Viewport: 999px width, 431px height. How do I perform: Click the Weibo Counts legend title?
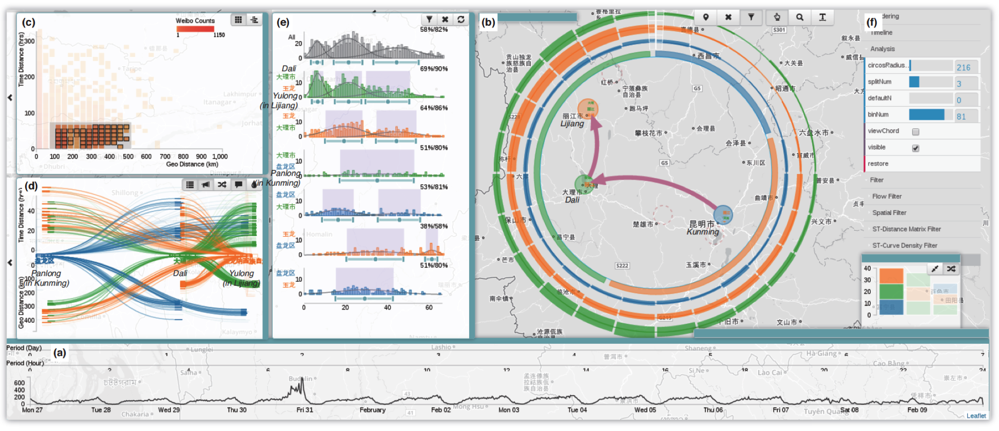point(195,21)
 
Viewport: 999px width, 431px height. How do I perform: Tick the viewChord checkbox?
point(915,132)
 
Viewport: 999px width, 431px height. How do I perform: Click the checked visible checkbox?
point(915,148)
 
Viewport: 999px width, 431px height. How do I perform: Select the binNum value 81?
point(961,117)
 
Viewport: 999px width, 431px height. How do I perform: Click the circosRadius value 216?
point(963,68)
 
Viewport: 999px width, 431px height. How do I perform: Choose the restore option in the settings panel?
point(878,164)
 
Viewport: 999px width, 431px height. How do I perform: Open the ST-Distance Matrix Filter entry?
point(906,229)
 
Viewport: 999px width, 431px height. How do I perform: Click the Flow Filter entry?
point(886,196)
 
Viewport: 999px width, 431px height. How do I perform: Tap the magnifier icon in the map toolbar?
point(800,17)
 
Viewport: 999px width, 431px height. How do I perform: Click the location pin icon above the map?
point(706,17)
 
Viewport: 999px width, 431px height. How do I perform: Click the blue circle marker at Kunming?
point(723,215)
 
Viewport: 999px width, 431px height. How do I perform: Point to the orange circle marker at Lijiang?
point(588,109)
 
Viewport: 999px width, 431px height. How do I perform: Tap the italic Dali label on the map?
point(572,200)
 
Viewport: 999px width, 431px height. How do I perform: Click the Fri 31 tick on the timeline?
point(305,410)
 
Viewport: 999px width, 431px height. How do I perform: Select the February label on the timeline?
point(373,410)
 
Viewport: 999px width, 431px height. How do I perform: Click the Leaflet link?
point(976,416)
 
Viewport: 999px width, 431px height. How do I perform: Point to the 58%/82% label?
point(434,29)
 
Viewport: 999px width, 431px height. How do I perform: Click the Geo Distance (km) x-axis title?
point(192,164)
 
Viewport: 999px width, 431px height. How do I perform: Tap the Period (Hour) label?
point(25,363)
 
